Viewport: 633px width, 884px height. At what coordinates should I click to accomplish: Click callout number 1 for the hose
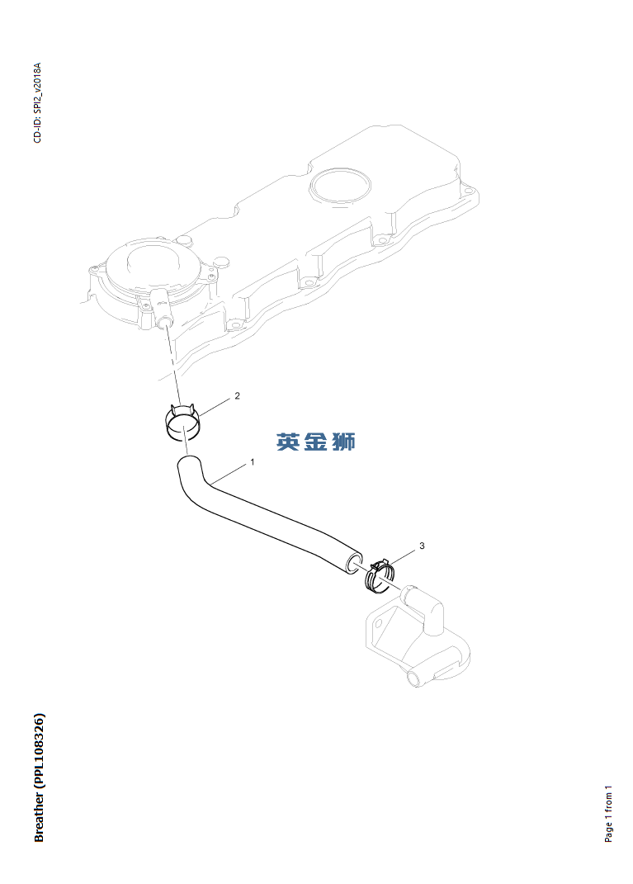coord(253,462)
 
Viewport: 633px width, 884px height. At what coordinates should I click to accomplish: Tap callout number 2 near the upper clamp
coord(238,396)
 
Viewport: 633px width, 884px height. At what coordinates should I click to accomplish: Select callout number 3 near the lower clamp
coord(422,546)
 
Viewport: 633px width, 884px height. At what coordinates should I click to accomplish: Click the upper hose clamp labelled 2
coord(182,422)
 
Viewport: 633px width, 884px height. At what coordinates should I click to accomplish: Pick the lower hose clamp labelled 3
coord(379,574)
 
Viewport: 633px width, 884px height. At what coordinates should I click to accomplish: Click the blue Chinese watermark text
coord(315,442)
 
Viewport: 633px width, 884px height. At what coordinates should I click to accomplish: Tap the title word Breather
coord(40,816)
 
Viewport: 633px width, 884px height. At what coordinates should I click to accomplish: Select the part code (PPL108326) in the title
coord(40,748)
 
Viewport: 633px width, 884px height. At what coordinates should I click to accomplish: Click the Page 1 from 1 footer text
coord(609,814)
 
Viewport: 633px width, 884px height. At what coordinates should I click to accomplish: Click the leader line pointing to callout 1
coord(230,472)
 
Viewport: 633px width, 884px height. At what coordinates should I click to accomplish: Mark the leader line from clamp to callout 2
coord(216,407)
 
